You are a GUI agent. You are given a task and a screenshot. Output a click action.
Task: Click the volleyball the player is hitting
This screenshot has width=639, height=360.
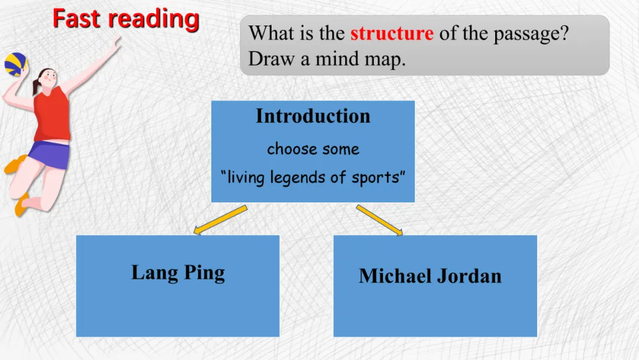tap(15, 64)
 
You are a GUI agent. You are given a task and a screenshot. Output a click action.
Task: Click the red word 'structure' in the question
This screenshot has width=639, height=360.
tap(392, 33)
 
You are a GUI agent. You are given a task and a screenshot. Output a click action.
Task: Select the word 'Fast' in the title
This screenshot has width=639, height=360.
tap(77, 18)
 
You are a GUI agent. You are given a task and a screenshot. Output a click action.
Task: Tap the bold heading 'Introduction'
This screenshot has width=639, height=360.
tap(313, 116)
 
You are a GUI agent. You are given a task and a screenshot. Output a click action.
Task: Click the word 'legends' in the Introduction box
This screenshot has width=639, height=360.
tap(296, 177)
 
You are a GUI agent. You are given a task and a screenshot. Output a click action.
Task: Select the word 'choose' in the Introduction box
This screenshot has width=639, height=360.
tap(288, 149)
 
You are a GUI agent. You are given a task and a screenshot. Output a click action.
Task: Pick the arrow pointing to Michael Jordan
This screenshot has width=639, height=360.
tap(379, 220)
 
